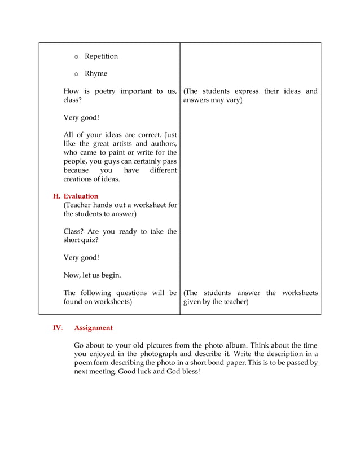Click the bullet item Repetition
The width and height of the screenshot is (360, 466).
click(101, 56)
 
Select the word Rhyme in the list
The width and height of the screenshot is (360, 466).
click(96, 74)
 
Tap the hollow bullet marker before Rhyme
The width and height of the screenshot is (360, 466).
click(76, 74)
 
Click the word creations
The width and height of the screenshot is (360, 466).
click(80, 179)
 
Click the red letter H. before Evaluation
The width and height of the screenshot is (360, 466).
click(56, 196)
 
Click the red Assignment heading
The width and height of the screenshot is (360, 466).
click(93, 328)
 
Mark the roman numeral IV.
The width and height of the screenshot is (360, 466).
click(58, 328)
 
